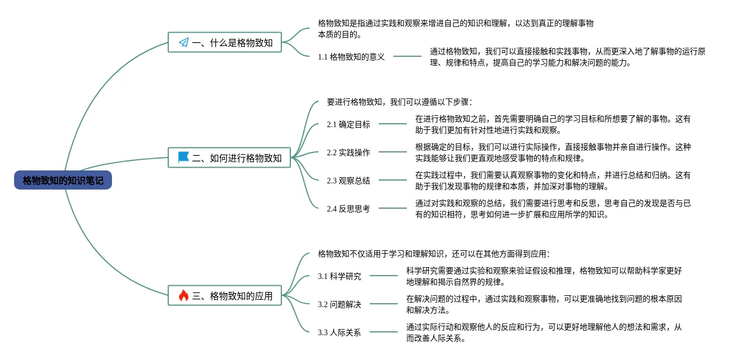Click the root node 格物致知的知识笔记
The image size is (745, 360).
tap(63, 180)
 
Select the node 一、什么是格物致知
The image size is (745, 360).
tap(225, 42)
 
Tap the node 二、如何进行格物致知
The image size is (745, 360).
tap(230, 157)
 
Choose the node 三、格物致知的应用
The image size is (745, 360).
tap(225, 295)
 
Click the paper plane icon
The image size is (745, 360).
tap(183, 42)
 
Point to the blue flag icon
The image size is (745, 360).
tap(183, 157)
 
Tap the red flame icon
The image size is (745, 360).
tap(183, 295)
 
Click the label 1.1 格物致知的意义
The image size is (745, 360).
tap(351, 56)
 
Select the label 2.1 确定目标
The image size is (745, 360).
tap(348, 124)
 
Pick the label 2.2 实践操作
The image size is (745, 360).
tap(348, 152)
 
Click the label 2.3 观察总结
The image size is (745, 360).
tap(348, 181)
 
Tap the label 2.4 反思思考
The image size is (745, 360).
tap(348, 209)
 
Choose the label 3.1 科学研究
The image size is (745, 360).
tap(339, 276)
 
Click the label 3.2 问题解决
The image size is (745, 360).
tap(339, 304)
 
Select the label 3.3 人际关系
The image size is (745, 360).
tap(339, 332)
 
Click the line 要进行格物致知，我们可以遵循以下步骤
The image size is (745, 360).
tap(400, 102)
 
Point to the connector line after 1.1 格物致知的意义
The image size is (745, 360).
tap(407, 56)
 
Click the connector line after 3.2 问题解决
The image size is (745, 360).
tap(383, 304)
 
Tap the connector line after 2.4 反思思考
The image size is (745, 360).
tap(392, 208)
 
